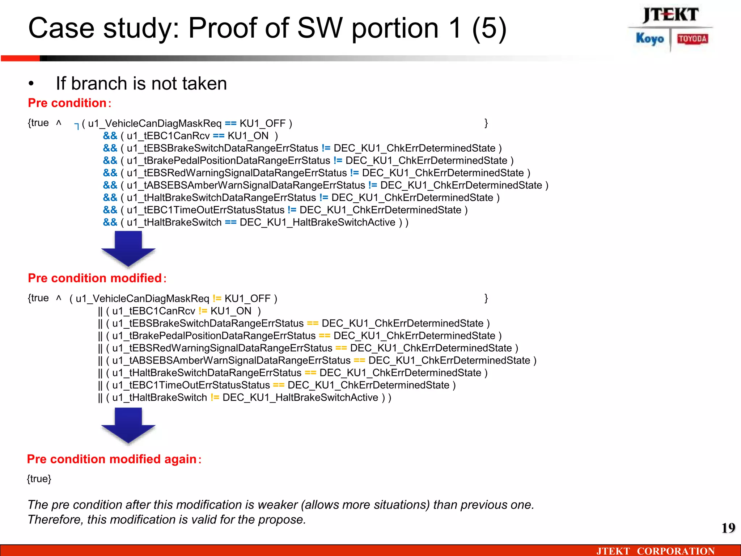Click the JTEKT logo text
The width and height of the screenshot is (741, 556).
pyautogui.click(x=670, y=15)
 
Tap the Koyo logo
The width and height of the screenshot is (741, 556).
pyautogui.click(x=650, y=39)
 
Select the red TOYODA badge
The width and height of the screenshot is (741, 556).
pyautogui.click(x=693, y=39)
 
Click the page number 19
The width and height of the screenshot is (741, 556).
pyautogui.click(x=728, y=528)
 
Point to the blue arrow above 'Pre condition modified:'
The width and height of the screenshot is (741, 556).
pyautogui.click(x=128, y=249)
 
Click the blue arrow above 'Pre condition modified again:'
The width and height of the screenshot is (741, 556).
pyautogui.click(x=128, y=425)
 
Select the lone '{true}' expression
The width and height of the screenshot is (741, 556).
pyautogui.click(x=39, y=479)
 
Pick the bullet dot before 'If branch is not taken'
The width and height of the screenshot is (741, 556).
pyautogui.click(x=31, y=84)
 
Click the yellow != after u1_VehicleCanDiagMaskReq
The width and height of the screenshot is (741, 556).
pyautogui.click(x=217, y=298)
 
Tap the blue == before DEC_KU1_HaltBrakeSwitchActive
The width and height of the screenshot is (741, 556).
pyautogui.click(x=230, y=222)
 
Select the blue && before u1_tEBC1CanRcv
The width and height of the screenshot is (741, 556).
pyautogui.click(x=110, y=136)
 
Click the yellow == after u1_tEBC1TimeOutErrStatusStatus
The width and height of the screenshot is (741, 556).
pyautogui.click(x=279, y=385)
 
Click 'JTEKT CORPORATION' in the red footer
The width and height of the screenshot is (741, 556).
pyautogui.click(x=655, y=551)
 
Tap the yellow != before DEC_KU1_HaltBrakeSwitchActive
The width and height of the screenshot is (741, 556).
pyautogui.click(x=215, y=397)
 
